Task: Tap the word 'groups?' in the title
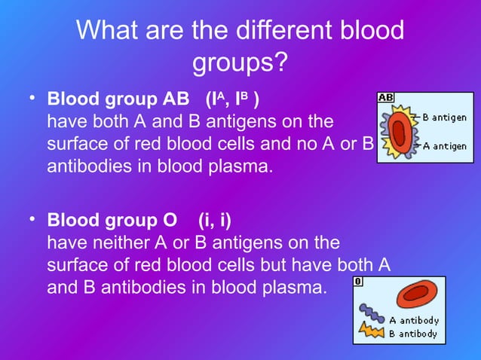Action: click(240, 63)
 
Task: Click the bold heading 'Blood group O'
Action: click(113, 221)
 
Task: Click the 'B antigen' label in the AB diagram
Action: click(443, 117)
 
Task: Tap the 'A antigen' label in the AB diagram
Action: click(443, 145)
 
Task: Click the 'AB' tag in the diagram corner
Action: click(385, 98)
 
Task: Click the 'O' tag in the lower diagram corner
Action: click(358, 281)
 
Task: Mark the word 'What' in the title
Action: click(109, 31)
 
